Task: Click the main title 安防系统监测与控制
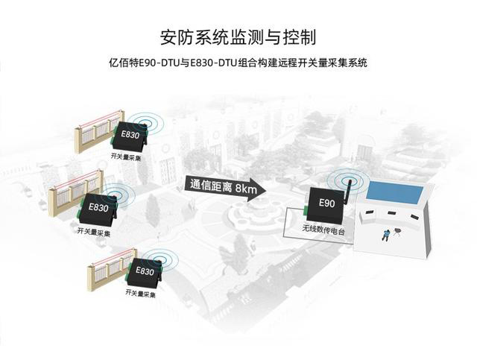point(238,37)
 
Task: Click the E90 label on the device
point(326,203)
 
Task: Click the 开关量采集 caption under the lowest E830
point(140,295)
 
